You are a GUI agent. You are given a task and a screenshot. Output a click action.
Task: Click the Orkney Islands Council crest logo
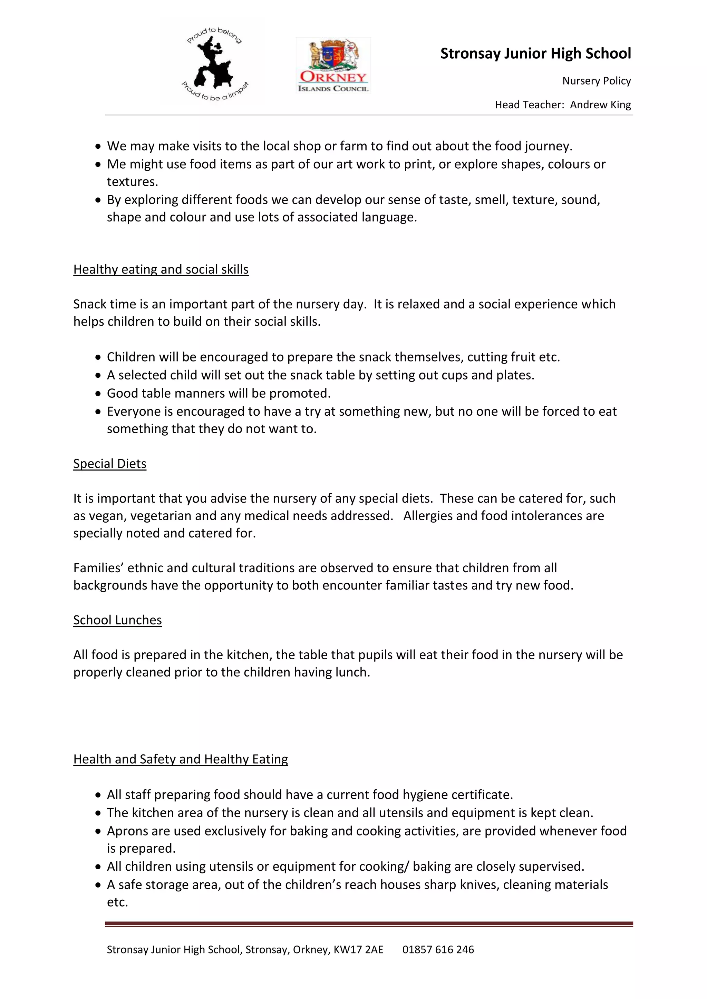coord(333,65)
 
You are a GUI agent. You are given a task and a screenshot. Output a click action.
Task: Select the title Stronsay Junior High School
coord(535,53)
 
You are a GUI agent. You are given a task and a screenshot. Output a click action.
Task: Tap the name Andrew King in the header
coord(600,105)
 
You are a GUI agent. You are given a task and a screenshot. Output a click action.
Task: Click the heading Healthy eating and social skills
coord(161,269)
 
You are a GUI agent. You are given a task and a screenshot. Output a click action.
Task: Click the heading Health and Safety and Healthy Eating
coord(181,759)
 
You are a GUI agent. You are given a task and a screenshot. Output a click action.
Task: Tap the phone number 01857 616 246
coord(438,949)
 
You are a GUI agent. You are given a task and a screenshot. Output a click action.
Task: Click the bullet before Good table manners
coord(98,394)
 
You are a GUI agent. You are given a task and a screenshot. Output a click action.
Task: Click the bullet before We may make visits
coord(98,147)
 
